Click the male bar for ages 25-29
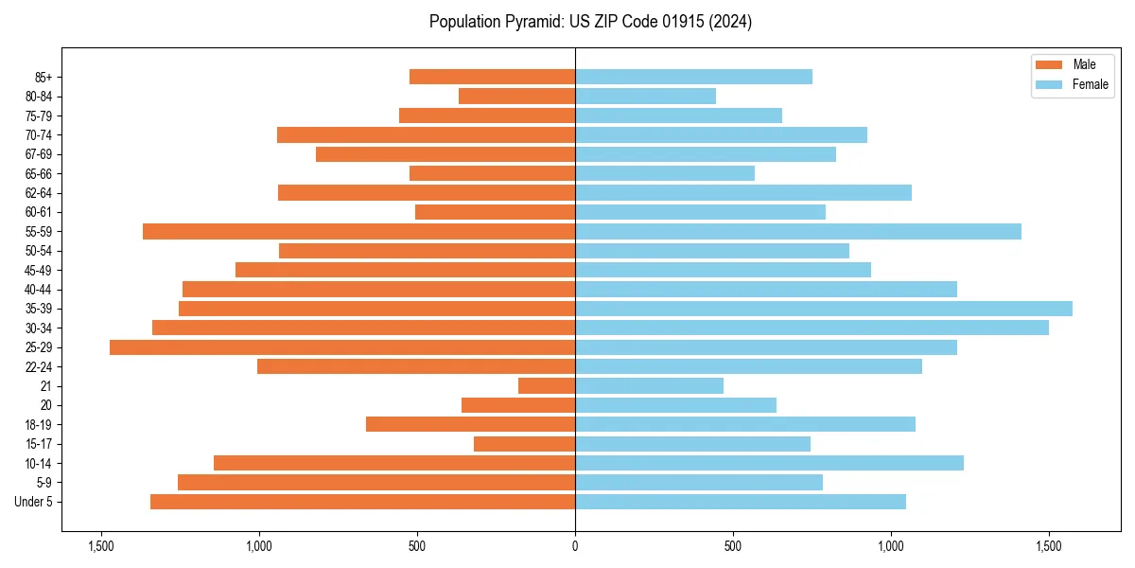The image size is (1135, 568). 342,347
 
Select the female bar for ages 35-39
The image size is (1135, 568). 824,309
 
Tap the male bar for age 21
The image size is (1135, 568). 547,386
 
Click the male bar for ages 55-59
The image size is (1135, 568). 358,232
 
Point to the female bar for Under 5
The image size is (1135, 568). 741,502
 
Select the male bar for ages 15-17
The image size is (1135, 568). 524,444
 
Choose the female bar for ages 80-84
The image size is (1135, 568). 645,97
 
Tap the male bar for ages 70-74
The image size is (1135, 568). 426,135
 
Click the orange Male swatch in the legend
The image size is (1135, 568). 1050,64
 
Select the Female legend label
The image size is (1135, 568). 1091,84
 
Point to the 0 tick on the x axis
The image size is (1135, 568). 575,546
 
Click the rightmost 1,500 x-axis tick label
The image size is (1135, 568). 1049,546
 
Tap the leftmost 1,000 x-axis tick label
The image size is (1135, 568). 259,546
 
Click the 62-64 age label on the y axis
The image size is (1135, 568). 39,193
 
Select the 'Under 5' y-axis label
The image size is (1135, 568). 34,502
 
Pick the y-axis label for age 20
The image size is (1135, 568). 46,405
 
